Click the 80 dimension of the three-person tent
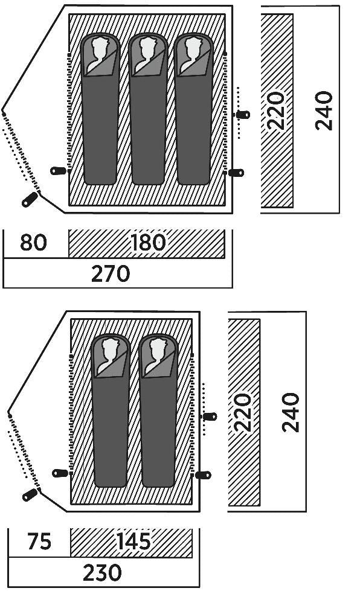(34, 242)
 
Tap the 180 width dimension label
(147, 242)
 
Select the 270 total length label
(111, 274)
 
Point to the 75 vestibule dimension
(39, 541)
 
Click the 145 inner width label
(134, 541)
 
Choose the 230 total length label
(102, 573)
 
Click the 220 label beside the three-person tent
(275, 110)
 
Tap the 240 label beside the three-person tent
(324, 110)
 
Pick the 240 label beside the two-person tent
(291, 412)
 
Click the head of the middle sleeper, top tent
(147, 46)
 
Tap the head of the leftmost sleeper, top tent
(100, 46)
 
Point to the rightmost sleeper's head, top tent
(194, 46)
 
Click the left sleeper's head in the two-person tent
(111, 348)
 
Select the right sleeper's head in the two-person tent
(158, 348)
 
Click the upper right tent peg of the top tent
(243, 114)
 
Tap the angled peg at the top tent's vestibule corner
(30, 199)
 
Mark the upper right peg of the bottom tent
(210, 417)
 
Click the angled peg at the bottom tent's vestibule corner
(30, 494)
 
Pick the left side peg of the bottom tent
(60, 473)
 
